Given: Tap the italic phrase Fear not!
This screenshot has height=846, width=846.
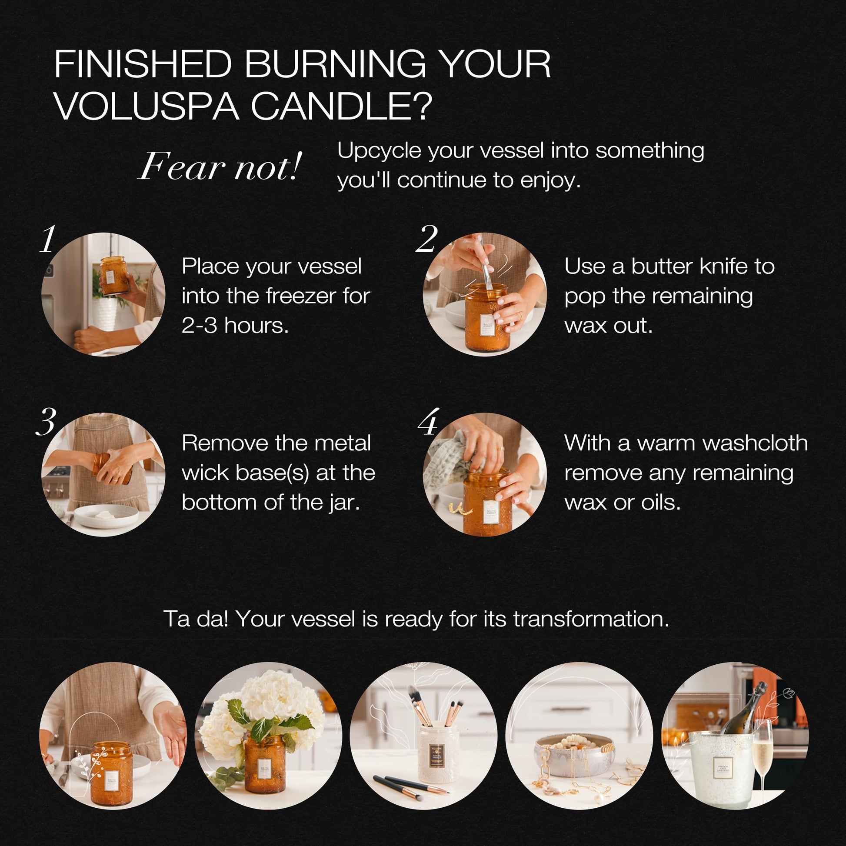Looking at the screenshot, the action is click(x=220, y=167).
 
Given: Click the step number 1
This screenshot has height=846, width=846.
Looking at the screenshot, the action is click(x=48, y=239).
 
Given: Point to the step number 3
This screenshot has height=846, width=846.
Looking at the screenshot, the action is click(x=46, y=421).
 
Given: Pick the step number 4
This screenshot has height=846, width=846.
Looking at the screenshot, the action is click(x=428, y=421).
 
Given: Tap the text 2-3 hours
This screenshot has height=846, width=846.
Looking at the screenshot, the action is click(x=235, y=325).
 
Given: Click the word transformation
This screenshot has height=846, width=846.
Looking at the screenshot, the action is click(x=591, y=619).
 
